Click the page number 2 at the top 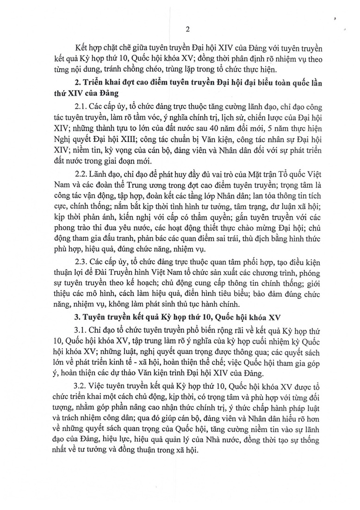(x=187, y=29)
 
